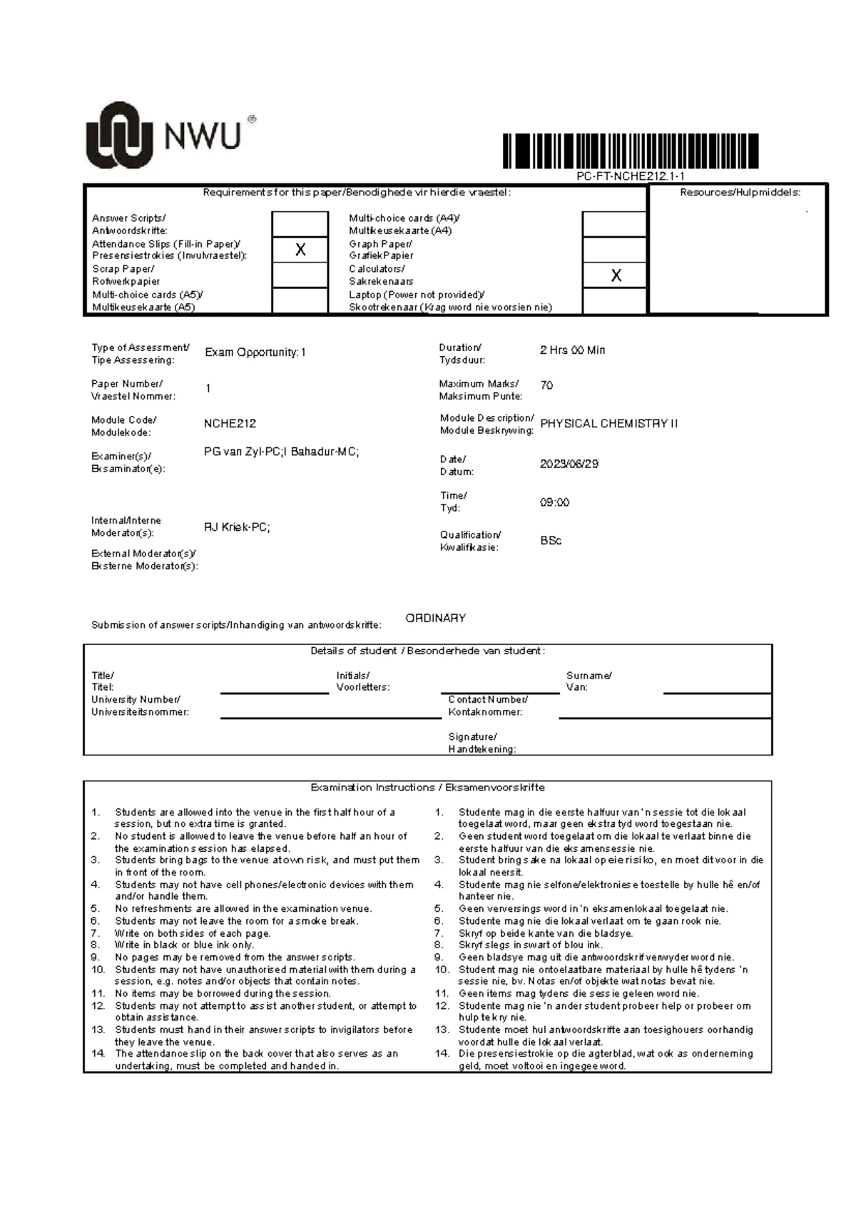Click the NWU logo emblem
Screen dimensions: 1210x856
pyautogui.click(x=119, y=135)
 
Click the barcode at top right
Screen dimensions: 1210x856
pyautogui.click(x=630, y=151)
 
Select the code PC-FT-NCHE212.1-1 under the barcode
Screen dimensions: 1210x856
pyautogui.click(x=631, y=176)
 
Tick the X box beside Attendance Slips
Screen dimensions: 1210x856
pyautogui.click(x=300, y=250)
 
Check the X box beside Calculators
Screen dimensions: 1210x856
pyautogui.click(x=615, y=275)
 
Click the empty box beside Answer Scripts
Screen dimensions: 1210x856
pyautogui.click(x=300, y=224)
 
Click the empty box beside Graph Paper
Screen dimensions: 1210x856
pyautogui.click(x=615, y=250)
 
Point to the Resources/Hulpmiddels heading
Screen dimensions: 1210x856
pyautogui.click(x=740, y=193)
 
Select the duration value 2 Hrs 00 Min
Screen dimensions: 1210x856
pyautogui.click(x=572, y=350)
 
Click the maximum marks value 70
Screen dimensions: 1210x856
pyautogui.click(x=546, y=385)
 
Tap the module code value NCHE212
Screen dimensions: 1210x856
pyautogui.click(x=230, y=424)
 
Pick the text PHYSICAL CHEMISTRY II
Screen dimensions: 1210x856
pyautogui.click(x=608, y=424)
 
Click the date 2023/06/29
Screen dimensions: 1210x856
pyautogui.click(x=569, y=464)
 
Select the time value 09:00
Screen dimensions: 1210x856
pyautogui.click(x=554, y=502)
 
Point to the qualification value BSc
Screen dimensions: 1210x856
pyautogui.click(x=551, y=541)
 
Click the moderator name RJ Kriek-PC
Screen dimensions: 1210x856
pyautogui.click(x=237, y=528)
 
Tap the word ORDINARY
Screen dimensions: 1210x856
pyautogui.click(x=435, y=619)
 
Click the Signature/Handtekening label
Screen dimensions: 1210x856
pyautogui.click(x=481, y=743)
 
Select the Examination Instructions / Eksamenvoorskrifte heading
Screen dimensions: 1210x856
pyautogui.click(x=427, y=788)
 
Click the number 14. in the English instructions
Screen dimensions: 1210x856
pyautogui.click(x=98, y=1054)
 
